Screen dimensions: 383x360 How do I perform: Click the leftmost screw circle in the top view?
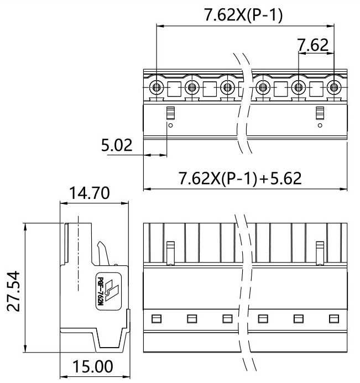tap(156, 87)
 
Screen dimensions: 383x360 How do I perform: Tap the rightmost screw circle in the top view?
tap(333, 87)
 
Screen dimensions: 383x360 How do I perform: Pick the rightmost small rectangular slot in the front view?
tap(333, 318)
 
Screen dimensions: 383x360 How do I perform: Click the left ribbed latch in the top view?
tap(170, 113)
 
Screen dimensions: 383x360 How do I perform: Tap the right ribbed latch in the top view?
tap(319, 113)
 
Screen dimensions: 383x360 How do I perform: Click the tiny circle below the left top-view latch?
tap(170, 125)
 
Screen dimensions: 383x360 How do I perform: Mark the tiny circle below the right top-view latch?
tap(319, 125)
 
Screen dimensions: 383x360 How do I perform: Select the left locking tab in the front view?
tap(170, 251)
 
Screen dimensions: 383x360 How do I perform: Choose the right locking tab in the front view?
tap(319, 251)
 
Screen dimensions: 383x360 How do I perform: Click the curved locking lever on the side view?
tap(103, 254)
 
